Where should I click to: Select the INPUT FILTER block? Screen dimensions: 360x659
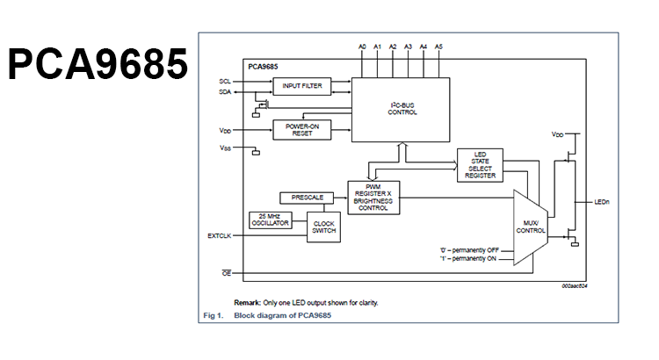[x=301, y=86]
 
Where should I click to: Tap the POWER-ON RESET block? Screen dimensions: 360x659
[x=301, y=129]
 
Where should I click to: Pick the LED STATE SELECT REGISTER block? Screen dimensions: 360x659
[x=480, y=166]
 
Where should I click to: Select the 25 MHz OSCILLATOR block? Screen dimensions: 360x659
[x=270, y=220]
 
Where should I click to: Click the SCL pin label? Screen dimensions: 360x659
[x=225, y=81]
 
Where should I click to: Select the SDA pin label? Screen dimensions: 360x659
[x=225, y=91]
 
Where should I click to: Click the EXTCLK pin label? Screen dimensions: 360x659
[x=219, y=235]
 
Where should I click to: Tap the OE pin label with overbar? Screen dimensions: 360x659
[x=225, y=273]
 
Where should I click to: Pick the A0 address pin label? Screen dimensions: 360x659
[x=362, y=46]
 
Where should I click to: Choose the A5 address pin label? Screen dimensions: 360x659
[x=438, y=46]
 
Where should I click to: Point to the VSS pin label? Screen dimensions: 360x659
[x=225, y=148]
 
